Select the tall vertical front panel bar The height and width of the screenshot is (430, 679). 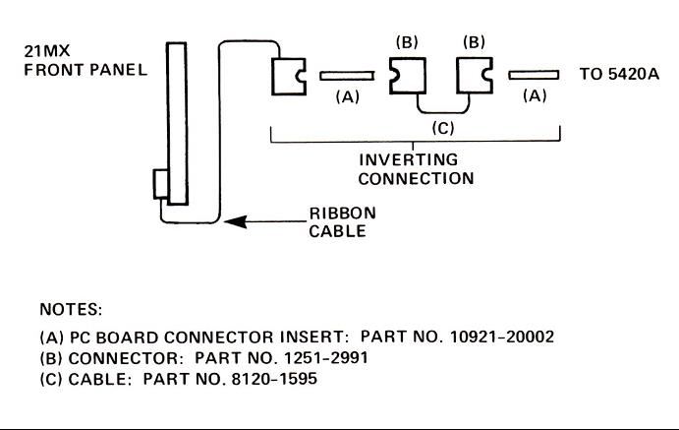coord(176,123)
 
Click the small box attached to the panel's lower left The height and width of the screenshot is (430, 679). coord(160,185)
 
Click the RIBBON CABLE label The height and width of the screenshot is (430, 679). coord(342,221)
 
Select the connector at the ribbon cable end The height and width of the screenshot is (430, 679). coord(289,76)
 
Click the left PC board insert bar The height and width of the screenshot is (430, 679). coord(347,75)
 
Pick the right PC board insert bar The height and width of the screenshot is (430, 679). coord(533,75)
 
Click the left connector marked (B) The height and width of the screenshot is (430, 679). coord(406,75)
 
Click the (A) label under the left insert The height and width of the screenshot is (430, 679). coord(348,97)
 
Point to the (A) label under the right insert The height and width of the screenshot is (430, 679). coord(534,97)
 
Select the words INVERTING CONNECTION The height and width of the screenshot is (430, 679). coord(416,169)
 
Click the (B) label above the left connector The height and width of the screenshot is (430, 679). coord(407,42)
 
